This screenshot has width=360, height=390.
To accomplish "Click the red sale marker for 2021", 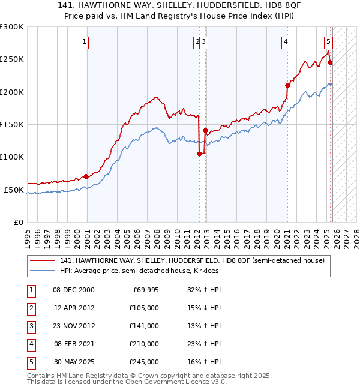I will [287, 85].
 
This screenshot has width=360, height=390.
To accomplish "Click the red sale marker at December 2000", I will [86, 176].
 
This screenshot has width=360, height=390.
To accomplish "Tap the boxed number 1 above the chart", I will [84, 42].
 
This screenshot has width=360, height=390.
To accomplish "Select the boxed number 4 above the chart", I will [286, 42].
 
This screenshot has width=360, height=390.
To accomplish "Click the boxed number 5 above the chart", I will [328, 42].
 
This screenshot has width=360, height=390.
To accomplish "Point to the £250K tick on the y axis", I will [13, 59].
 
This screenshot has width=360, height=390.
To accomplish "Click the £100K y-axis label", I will [13, 157].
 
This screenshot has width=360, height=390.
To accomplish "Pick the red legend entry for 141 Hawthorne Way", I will [192, 260].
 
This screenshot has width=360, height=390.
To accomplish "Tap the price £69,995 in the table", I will [145, 290].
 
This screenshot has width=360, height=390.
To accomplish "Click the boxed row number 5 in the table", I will [31, 362].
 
